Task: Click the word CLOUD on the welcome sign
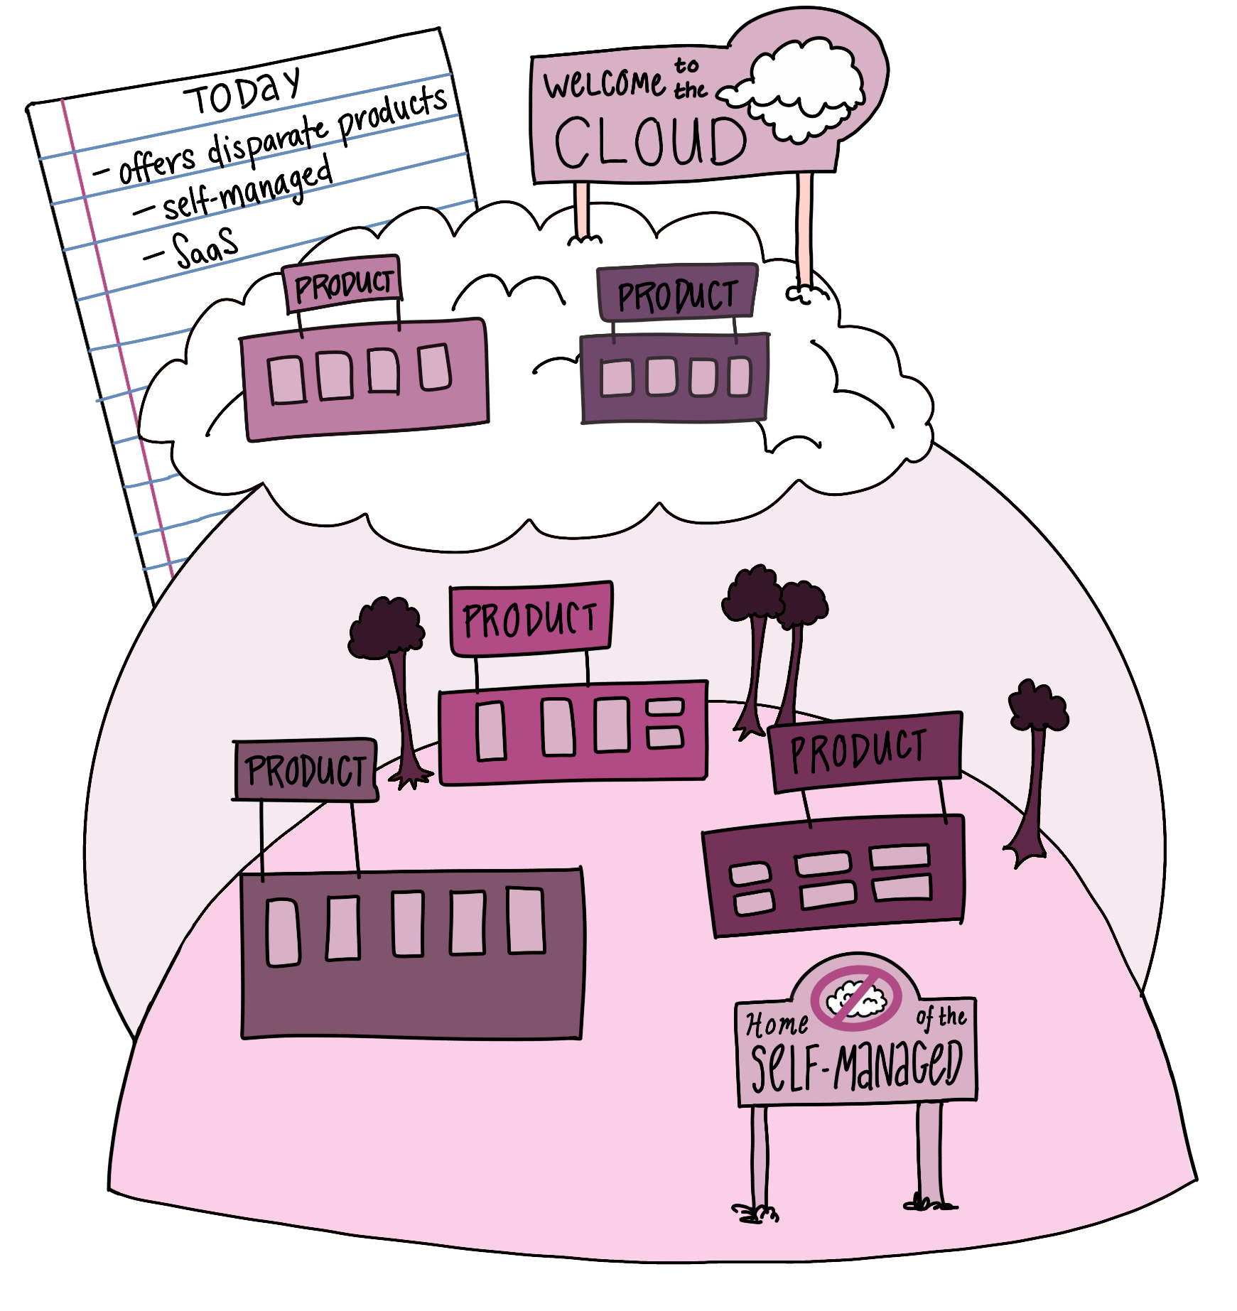pyautogui.click(x=649, y=141)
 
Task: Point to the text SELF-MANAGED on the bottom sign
pyautogui.click(x=856, y=1066)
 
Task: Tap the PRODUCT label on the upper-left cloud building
pyautogui.click(x=343, y=284)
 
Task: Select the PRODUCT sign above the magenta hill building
pyautogui.click(x=530, y=618)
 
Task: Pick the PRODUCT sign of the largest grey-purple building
pyautogui.click(x=305, y=770)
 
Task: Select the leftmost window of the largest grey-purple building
pyautogui.click(x=282, y=932)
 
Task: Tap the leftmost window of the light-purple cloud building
pyautogui.click(x=286, y=380)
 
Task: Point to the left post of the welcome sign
pyautogui.click(x=582, y=210)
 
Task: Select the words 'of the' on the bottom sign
pyautogui.click(x=941, y=1018)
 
